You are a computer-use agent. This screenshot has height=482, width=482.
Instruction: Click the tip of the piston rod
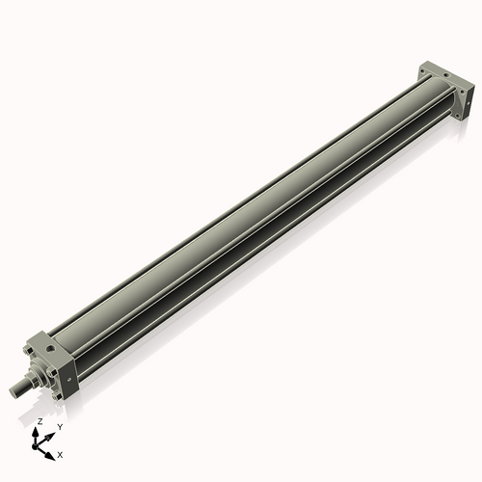[x=14, y=391]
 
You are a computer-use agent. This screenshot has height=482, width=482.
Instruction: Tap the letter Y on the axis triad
[x=59, y=426]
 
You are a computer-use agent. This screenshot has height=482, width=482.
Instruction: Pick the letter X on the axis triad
[x=61, y=453]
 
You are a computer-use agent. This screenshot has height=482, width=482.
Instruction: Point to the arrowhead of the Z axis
[x=37, y=431]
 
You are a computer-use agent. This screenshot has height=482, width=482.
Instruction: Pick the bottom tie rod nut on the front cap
[x=59, y=394]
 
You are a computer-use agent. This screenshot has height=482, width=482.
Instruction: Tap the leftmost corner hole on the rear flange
[x=423, y=69]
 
